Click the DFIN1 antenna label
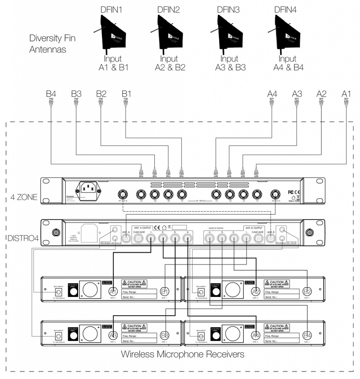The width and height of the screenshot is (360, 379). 111,10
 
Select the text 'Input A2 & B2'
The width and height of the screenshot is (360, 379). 170,63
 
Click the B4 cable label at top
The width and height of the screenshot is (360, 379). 51,94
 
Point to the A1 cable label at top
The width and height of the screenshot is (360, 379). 346,94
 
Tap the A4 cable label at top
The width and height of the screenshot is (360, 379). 272,94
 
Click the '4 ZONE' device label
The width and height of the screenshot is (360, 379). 22,197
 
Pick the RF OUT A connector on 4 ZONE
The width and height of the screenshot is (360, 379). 275,194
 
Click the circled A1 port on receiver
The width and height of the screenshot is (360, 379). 114,292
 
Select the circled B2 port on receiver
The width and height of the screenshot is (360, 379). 307,292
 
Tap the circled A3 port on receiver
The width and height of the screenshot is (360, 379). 114,335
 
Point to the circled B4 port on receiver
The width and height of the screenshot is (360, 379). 307,335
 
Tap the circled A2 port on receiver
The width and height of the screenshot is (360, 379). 256,292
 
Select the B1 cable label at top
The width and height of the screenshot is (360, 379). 127,94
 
